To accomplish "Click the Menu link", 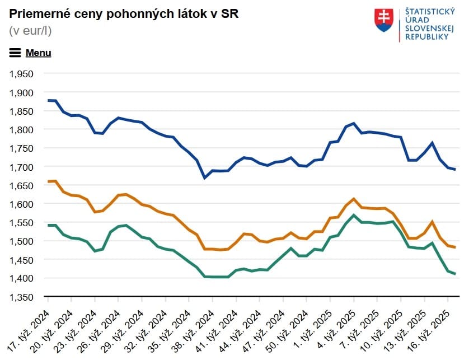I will tap(38, 53).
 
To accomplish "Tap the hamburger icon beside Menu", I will tap(15, 53).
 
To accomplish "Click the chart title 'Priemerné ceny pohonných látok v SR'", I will tap(124, 14).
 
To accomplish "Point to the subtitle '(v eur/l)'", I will tap(30, 31).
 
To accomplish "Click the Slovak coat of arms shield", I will tap(384, 20).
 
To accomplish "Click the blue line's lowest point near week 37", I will tap(204, 178).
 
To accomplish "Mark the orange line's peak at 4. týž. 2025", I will tap(354, 198).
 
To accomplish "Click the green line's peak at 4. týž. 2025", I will tap(354, 215).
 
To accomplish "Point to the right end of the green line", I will tap(455, 274).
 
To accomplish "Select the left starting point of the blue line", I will tap(48, 100).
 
